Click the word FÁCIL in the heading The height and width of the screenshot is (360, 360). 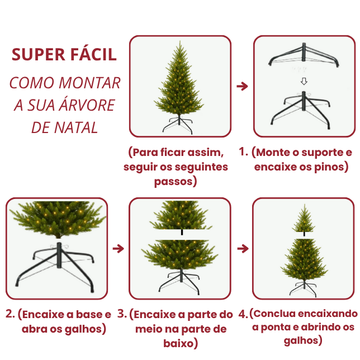coord(93,54)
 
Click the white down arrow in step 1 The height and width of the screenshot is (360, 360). coord(304,82)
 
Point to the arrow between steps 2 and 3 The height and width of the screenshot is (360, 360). coord(118,248)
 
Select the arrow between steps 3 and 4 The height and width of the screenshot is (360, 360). coord(242,248)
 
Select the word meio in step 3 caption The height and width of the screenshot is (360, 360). coord(148,329)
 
